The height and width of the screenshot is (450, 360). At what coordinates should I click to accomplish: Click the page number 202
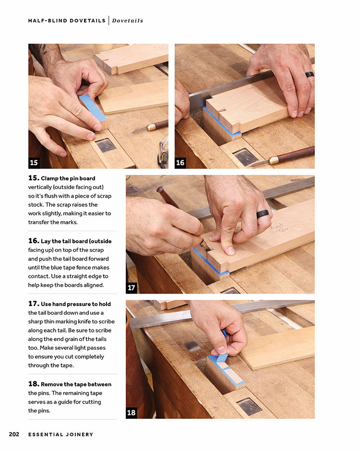(14, 434)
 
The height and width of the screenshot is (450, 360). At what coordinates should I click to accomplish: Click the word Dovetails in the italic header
(128, 21)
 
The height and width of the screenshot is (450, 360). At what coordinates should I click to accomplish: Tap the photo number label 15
(34, 163)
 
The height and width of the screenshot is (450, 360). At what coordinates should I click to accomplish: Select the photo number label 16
(180, 163)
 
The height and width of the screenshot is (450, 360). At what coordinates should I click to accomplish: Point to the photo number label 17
(131, 288)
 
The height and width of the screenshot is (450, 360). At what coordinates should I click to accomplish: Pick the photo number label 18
(131, 413)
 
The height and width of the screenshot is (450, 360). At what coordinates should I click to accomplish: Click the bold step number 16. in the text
(34, 241)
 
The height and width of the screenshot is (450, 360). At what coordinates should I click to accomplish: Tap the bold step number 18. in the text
(34, 384)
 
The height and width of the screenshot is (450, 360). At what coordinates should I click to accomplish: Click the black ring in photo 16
(310, 74)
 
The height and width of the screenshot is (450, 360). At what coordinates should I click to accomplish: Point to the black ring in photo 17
(263, 214)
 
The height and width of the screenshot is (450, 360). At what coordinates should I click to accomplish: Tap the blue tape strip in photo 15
(93, 107)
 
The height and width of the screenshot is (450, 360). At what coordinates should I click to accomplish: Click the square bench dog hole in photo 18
(249, 406)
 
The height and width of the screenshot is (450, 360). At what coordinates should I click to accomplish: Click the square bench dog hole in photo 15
(106, 145)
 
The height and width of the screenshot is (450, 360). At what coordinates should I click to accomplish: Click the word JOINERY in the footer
(79, 435)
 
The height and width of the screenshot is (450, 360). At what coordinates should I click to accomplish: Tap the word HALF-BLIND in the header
(48, 21)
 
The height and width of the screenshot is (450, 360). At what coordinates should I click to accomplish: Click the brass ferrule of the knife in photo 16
(274, 160)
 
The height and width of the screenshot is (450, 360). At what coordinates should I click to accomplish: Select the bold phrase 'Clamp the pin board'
(68, 178)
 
